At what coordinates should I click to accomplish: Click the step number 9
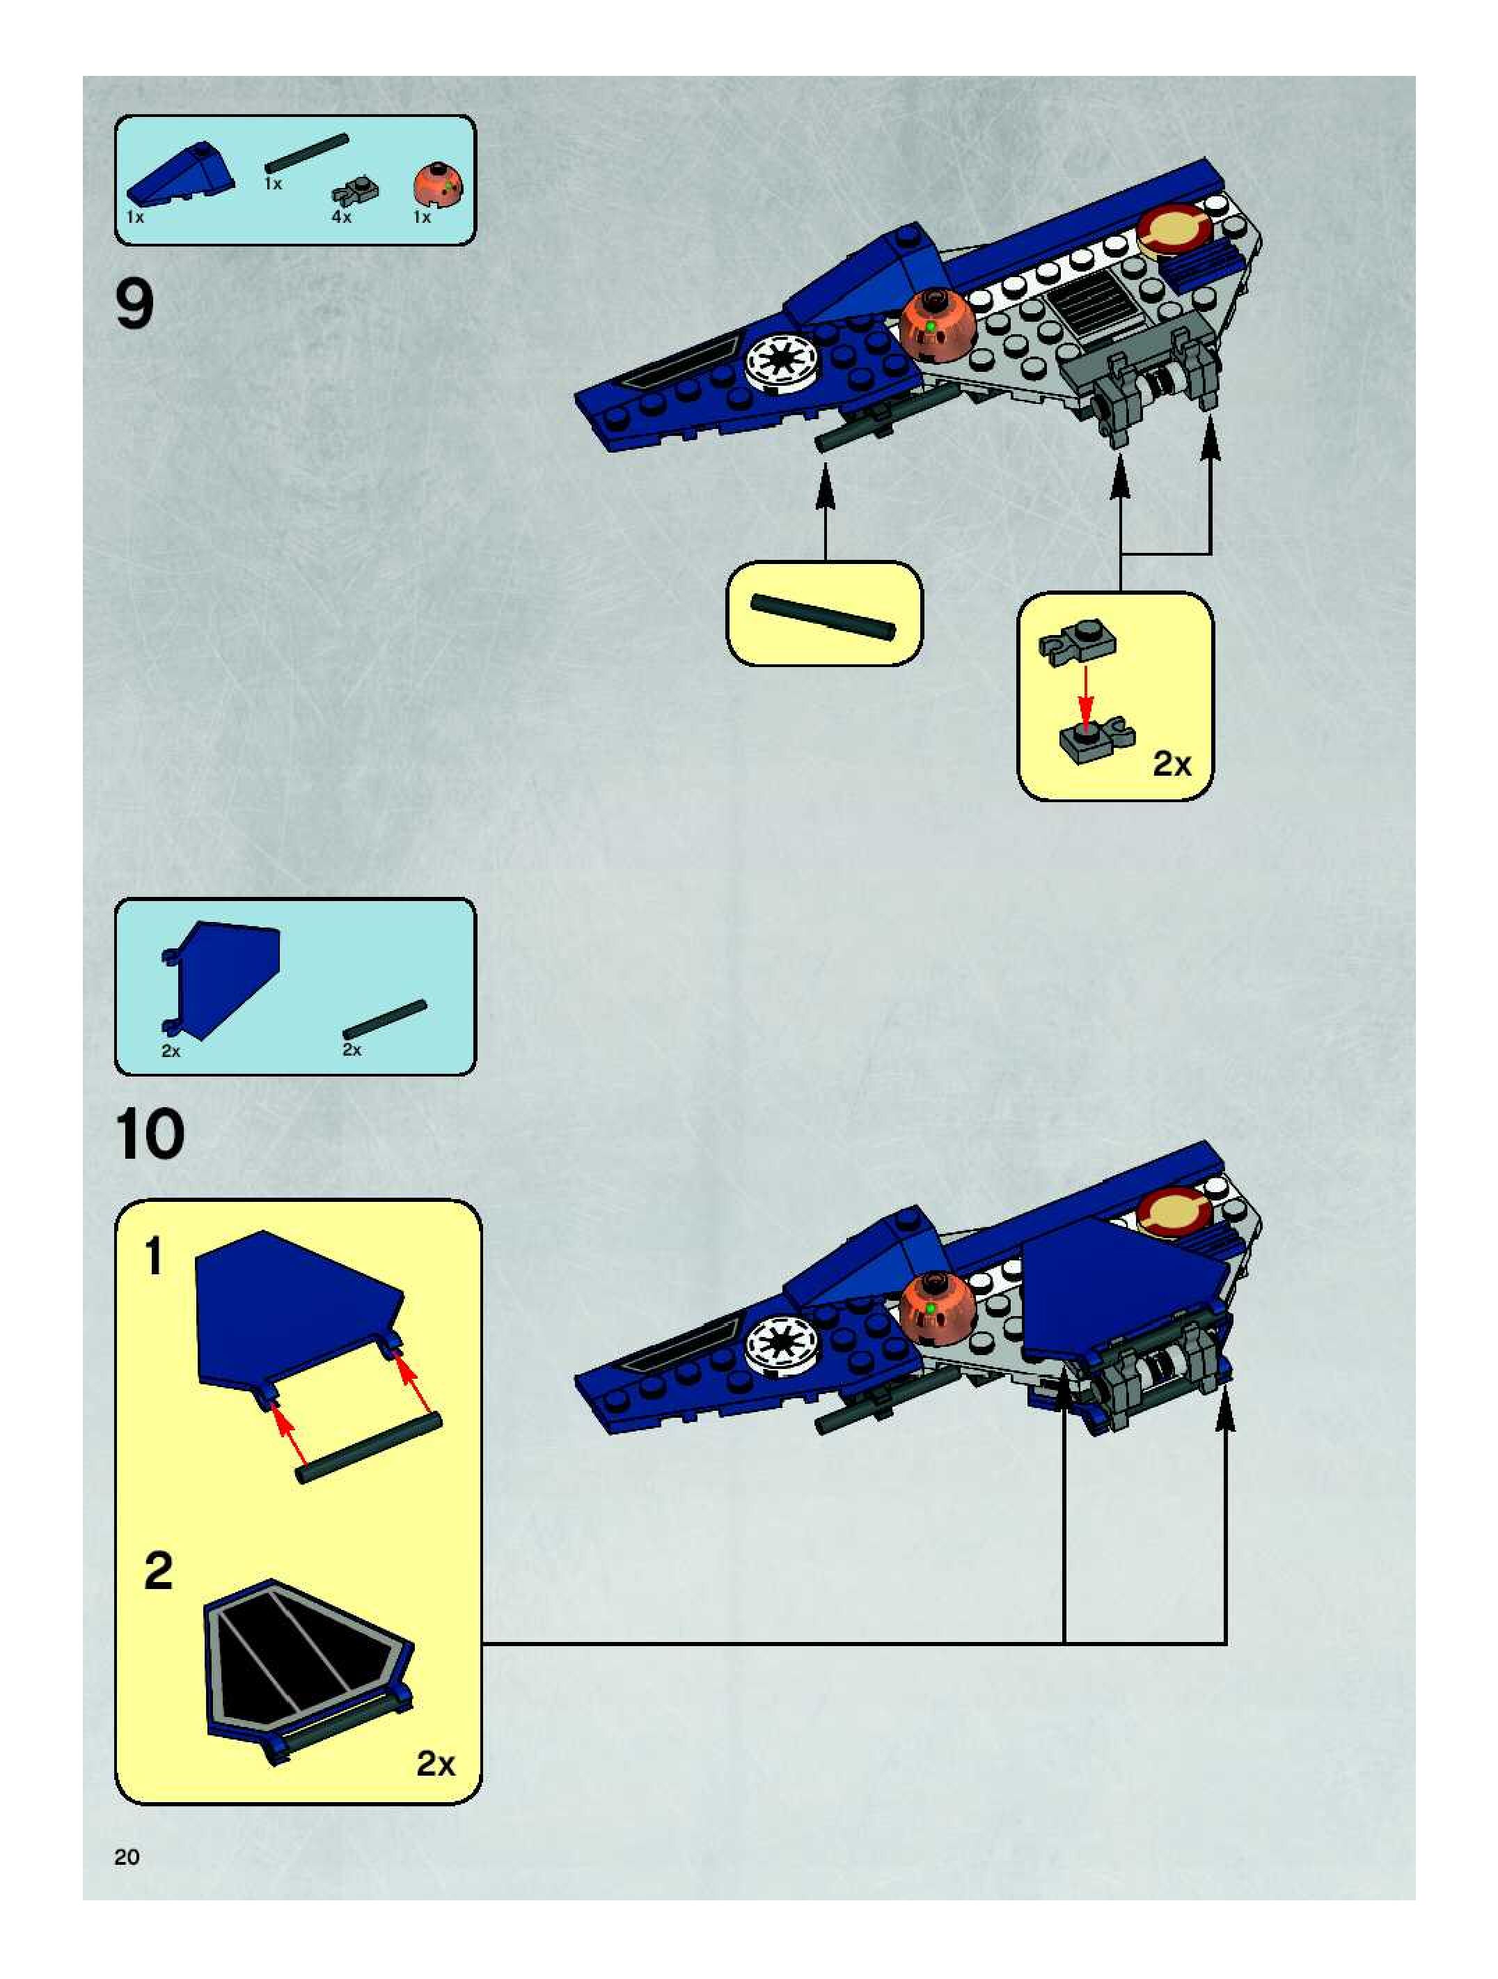(135, 305)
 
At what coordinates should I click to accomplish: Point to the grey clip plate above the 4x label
(356, 191)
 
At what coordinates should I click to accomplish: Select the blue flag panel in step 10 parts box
(223, 978)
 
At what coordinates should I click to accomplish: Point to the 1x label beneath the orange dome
(422, 217)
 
